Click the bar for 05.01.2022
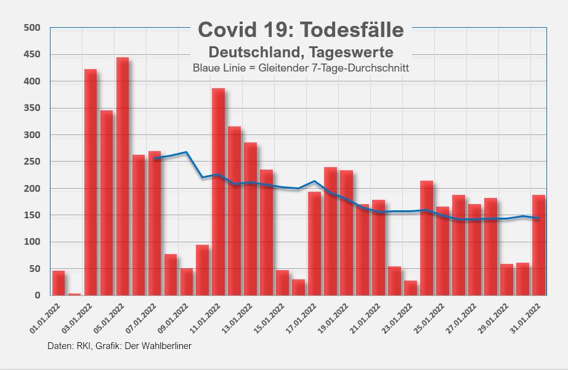123,176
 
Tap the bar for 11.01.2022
218,192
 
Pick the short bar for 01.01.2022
59,283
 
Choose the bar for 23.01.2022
410,288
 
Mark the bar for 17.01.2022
314,244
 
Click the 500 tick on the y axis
31,28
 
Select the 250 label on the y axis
31,162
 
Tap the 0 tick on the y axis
38,295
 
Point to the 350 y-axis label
31,108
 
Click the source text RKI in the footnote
82,346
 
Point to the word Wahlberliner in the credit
166,346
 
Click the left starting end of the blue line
155,159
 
